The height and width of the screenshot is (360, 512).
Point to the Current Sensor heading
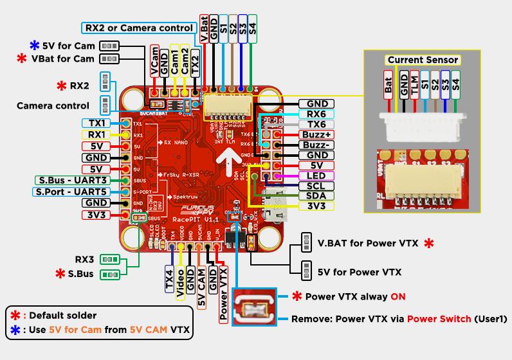(x=423, y=60)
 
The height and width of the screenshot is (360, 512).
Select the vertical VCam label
(x=155, y=61)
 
